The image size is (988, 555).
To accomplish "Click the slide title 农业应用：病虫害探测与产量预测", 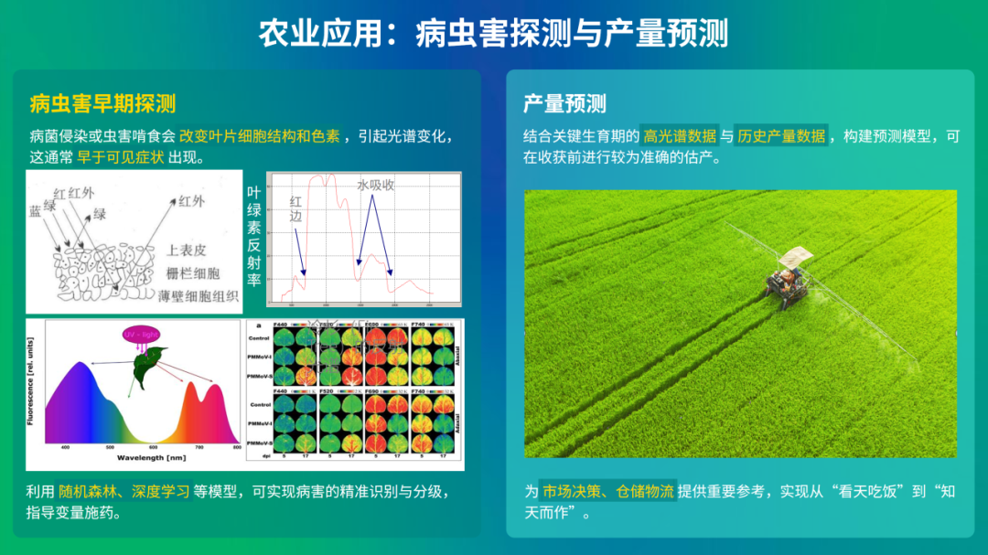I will pyautogui.click(x=493, y=34).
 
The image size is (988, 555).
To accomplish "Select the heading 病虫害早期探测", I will pyautogui.click(x=102, y=103).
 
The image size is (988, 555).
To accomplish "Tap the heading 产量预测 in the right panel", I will pyautogui.click(x=564, y=103).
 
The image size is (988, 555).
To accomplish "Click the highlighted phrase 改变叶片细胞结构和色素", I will pyautogui.click(x=260, y=136).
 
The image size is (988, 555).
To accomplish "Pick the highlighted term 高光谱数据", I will pyautogui.click(x=679, y=136).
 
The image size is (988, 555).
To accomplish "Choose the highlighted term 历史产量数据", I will pyautogui.click(x=782, y=136).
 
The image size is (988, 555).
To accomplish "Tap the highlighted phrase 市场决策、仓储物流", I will pyautogui.click(x=607, y=492).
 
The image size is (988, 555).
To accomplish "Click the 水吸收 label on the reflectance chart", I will pyautogui.click(x=375, y=185).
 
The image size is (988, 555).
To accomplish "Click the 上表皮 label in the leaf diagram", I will pyautogui.click(x=187, y=250).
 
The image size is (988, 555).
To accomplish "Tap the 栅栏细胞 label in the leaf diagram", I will pyautogui.click(x=193, y=272).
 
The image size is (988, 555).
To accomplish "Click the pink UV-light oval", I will pyautogui.click(x=142, y=336).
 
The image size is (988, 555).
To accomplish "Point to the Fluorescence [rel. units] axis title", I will pyautogui.click(x=33, y=381).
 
